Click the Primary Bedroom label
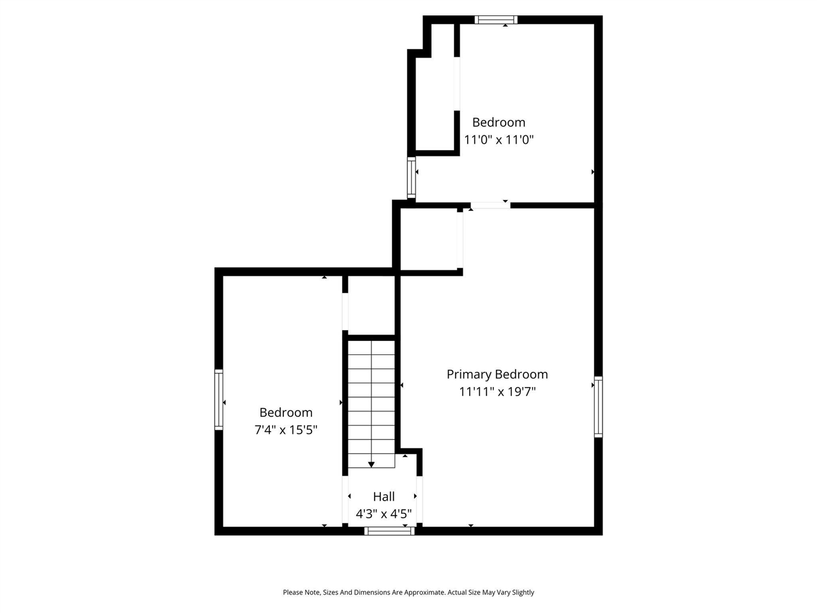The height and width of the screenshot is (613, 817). (x=497, y=374)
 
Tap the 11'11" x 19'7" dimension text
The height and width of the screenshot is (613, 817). (x=497, y=391)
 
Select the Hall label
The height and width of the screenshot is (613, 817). (x=384, y=496)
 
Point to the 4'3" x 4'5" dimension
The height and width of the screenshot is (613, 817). (x=384, y=513)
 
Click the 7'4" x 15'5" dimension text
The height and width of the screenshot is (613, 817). (x=286, y=430)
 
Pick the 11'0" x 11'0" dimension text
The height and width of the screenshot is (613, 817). (x=498, y=139)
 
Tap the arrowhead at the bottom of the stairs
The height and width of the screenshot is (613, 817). (x=371, y=464)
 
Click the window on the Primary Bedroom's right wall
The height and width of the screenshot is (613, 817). (x=598, y=407)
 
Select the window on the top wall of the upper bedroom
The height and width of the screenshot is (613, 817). (x=496, y=20)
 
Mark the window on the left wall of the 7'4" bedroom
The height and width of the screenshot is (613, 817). (x=219, y=400)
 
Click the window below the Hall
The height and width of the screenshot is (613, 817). (x=389, y=531)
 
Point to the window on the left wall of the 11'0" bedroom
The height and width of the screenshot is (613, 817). (x=412, y=177)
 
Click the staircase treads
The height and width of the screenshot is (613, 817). (x=371, y=402)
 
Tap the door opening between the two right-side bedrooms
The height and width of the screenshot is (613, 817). (x=490, y=205)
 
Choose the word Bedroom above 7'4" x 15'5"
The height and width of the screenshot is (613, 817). (x=286, y=412)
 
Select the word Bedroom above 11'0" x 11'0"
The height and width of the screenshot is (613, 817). (x=498, y=122)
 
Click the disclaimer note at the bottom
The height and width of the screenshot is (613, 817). (x=408, y=593)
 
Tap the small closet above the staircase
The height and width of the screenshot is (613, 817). (x=371, y=305)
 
